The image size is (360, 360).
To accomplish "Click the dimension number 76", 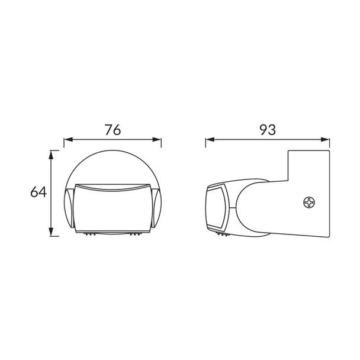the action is (x=112, y=130).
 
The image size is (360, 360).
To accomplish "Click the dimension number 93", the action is (x=268, y=130).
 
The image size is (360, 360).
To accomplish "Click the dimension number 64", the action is (x=38, y=192).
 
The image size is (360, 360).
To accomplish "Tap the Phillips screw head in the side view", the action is (x=309, y=202).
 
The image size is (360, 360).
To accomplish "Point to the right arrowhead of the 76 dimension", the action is (x=157, y=139).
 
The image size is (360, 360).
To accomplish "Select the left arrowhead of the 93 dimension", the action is (x=210, y=139).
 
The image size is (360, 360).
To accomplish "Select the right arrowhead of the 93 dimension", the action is (x=325, y=139).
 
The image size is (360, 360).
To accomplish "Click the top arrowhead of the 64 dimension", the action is (x=51, y=155).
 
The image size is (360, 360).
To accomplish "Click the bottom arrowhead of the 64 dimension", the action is (x=51, y=232).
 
